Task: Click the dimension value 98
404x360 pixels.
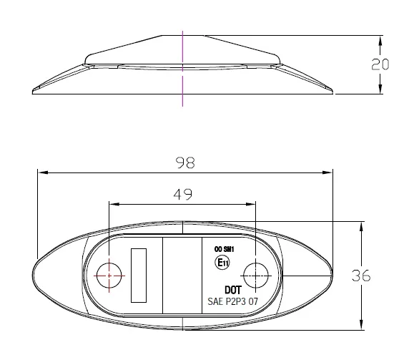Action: tap(185, 163)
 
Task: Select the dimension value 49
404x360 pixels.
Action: tap(182, 195)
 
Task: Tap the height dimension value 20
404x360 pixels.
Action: tap(380, 64)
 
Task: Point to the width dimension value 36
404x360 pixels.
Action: tap(361, 276)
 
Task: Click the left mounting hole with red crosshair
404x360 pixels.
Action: tap(109, 276)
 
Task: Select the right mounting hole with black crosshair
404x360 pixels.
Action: tap(255, 276)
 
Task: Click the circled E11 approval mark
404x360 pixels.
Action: tap(222, 263)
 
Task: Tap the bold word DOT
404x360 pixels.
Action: tap(233, 290)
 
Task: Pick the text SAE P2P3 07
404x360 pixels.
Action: tap(232, 301)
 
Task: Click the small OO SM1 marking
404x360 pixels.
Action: tap(224, 249)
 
